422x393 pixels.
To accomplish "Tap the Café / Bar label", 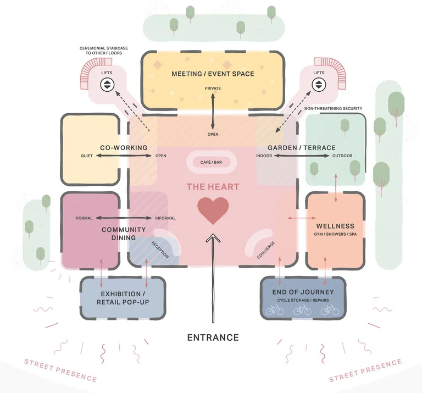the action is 211,162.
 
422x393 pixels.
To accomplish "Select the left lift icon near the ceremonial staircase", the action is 107,85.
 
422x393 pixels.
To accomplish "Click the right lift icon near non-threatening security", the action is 319,85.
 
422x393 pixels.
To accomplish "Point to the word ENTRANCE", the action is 213,337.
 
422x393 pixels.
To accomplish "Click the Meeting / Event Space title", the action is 213,74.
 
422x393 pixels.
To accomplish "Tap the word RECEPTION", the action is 160,250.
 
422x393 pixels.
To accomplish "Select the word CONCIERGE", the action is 266,250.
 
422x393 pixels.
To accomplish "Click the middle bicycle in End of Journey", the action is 302,310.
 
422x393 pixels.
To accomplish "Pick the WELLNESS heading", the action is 335,226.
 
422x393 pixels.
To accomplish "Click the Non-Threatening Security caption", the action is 333,108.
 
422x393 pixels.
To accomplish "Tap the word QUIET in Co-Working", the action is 87,156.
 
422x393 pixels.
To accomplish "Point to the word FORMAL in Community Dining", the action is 84,218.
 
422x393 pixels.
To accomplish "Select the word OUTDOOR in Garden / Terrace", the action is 342,156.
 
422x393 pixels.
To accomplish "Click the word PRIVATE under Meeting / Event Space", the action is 213,88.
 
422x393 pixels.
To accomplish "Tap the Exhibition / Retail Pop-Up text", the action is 123,298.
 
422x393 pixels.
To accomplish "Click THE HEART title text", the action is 213,187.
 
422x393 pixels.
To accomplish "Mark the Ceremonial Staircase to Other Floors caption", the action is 104,51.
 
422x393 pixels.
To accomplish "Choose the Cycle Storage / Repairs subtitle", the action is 303,300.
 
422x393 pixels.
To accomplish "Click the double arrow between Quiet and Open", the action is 124,156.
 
